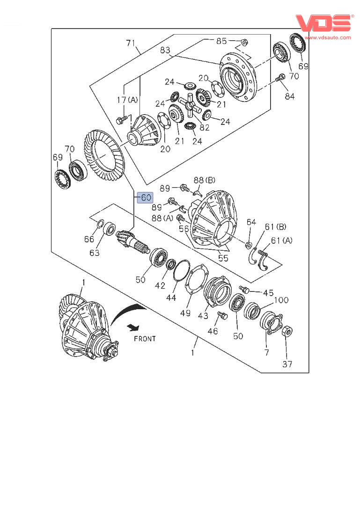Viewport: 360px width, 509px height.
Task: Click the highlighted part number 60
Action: pyautogui.click(x=145, y=197)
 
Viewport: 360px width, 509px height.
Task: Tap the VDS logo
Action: pyautogui.click(x=324, y=23)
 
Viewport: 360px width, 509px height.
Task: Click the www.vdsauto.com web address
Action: pyautogui.click(x=328, y=37)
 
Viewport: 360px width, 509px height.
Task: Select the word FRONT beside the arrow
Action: pyautogui.click(x=145, y=339)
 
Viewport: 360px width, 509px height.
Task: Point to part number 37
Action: pyautogui.click(x=287, y=364)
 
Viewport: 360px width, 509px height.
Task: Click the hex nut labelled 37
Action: pyautogui.click(x=287, y=332)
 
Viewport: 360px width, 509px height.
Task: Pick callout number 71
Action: pyautogui.click(x=131, y=43)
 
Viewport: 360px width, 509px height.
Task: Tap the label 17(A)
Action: pyautogui.click(x=127, y=100)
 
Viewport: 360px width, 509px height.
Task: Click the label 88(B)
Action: pyautogui.click(x=205, y=180)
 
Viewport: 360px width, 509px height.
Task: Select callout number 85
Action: pyautogui.click(x=221, y=41)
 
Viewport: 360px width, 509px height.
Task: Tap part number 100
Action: pyautogui.click(x=281, y=300)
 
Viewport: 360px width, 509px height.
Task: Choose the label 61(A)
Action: pyautogui.click(x=282, y=240)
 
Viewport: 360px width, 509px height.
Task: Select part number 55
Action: pyautogui.click(x=223, y=258)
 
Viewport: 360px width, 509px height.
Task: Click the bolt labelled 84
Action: pyautogui.click(x=280, y=78)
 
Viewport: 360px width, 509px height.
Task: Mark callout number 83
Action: pyautogui.click(x=165, y=50)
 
